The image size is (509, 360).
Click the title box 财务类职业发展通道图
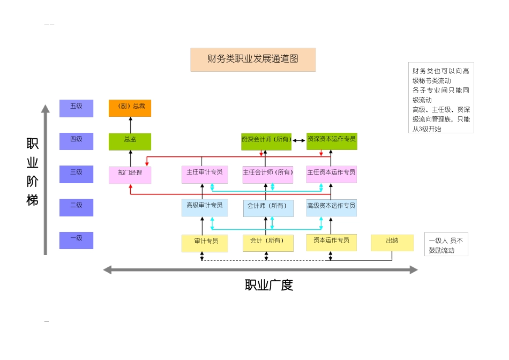[253, 59]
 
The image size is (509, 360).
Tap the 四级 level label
[76, 141]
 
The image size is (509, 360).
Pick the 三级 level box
[76, 174]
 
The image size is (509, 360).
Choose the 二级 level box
[76, 207]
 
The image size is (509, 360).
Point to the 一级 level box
[76, 240]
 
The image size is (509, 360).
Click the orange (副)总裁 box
[130, 108]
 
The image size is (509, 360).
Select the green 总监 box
[130, 141]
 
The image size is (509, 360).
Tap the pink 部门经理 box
[130, 175]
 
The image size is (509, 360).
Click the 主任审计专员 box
[205, 175]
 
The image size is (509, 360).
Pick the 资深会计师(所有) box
[266, 141]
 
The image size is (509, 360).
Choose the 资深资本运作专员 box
[332, 141]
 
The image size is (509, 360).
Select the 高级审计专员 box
[205, 207]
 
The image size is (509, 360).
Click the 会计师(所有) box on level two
[268, 208]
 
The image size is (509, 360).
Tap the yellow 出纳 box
[392, 243]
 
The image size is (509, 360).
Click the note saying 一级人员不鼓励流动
[446, 244]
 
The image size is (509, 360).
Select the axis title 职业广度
[269, 285]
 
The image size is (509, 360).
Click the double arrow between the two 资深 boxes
[298, 141]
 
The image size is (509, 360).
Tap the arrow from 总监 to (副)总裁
[130, 124]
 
